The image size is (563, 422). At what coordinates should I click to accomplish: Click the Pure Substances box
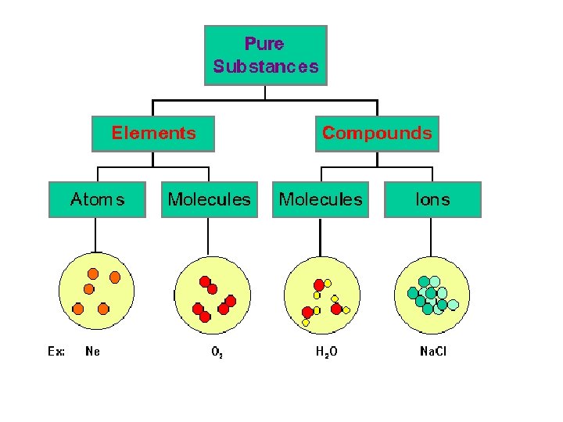[x=265, y=55]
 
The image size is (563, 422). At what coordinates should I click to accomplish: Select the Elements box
[x=153, y=133]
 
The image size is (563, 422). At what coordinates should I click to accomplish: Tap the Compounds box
[x=377, y=133]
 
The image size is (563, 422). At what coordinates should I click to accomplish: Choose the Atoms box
[x=97, y=199]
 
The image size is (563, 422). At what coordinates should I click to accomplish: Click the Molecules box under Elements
[x=210, y=199]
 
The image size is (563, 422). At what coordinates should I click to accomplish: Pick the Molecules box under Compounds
[x=321, y=199]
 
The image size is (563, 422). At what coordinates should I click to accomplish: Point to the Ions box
[x=432, y=199]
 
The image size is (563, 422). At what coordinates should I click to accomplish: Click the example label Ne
[x=92, y=352]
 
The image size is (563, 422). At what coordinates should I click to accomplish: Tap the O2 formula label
[x=217, y=352]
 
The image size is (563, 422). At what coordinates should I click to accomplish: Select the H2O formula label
[x=327, y=352]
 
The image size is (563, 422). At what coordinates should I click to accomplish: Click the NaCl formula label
[x=433, y=352]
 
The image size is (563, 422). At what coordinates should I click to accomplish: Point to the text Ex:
[x=56, y=352]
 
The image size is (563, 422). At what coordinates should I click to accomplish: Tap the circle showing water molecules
[x=322, y=295]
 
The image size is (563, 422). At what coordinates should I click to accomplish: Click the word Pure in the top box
[x=264, y=44]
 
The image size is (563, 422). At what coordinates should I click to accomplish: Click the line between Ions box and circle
[x=432, y=236]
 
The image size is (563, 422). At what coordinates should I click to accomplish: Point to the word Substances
[x=266, y=66]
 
